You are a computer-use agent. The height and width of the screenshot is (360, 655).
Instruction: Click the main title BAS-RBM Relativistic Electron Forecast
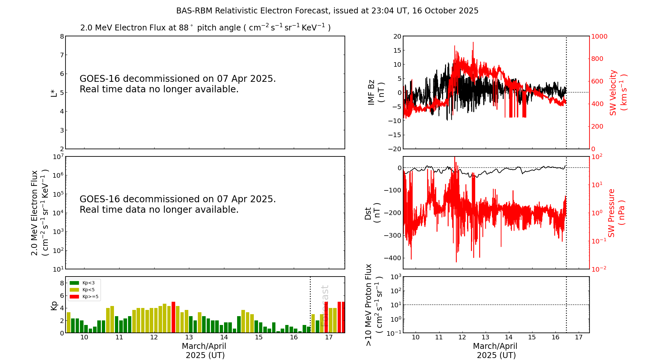pos(327,11)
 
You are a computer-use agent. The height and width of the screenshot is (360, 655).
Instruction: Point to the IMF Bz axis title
pos(376,93)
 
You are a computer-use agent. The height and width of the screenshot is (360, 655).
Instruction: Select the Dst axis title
pos(372,213)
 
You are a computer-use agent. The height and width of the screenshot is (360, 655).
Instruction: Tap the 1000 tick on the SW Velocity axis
pos(599,36)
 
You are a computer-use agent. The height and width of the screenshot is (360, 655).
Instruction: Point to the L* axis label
pos(54,93)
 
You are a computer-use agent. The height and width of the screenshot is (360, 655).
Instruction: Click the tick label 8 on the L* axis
pos(62,36)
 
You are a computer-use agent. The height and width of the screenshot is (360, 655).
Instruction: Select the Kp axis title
pos(54,305)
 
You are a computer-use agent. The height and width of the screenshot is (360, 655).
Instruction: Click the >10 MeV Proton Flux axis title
pos(374,305)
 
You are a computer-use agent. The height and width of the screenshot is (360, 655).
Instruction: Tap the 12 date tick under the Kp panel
pos(154,337)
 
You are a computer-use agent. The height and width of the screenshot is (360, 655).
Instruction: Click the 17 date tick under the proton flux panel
pos(579,337)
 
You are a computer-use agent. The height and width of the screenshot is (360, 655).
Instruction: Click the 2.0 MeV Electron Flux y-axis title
pos(40,213)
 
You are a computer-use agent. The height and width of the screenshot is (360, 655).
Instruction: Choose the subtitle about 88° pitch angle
pos(205,28)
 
